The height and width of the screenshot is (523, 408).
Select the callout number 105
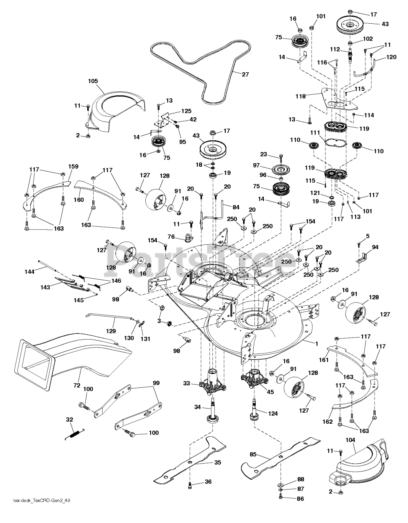point(93,81)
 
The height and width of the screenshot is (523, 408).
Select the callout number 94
point(375,247)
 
